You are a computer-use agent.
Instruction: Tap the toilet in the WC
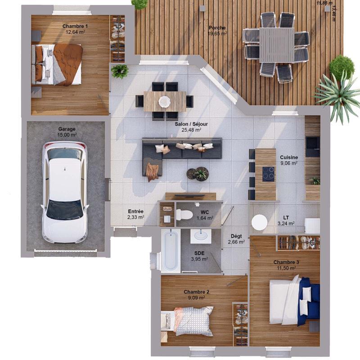tap(184, 215)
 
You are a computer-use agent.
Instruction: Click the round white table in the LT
tap(259, 222)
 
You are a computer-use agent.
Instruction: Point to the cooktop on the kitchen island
tap(268, 173)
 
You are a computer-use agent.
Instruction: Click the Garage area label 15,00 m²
tap(67, 135)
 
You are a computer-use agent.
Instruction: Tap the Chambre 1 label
tap(75, 26)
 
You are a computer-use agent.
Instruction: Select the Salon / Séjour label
tap(189, 123)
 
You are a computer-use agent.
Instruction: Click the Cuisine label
tap(288, 157)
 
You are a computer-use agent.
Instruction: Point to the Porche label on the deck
tap(217, 28)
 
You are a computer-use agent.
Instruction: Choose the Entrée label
tap(135, 211)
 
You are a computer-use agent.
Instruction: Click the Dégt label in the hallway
tap(236, 236)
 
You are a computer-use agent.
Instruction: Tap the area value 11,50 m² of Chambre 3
tap(286, 268)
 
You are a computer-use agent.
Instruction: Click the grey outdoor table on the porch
tap(276, 45)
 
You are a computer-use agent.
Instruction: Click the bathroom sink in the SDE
tap(201, 235)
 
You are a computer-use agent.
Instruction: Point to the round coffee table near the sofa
tap(201, 174)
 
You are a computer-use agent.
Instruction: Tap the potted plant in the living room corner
tap(120, 71)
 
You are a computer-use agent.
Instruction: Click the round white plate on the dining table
tap(164, 101)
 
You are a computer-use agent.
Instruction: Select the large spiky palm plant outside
tap(338, 94)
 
